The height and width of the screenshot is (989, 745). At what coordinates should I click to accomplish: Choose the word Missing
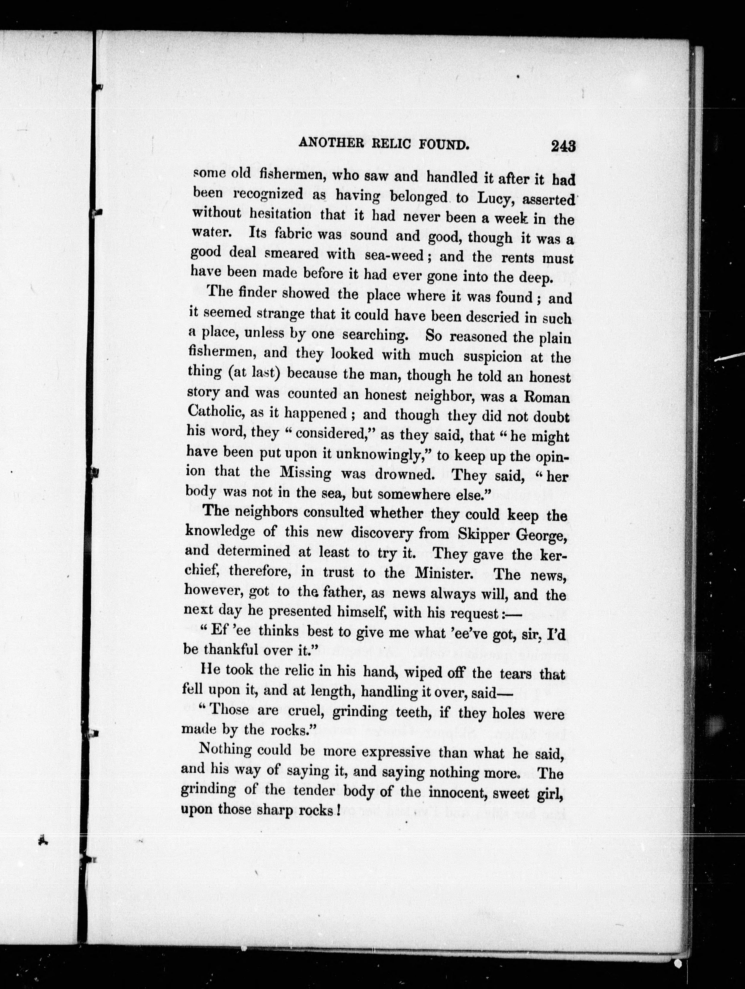(x=306, y=473)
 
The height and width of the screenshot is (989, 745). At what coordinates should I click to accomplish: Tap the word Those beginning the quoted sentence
(x=231, y=709)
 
